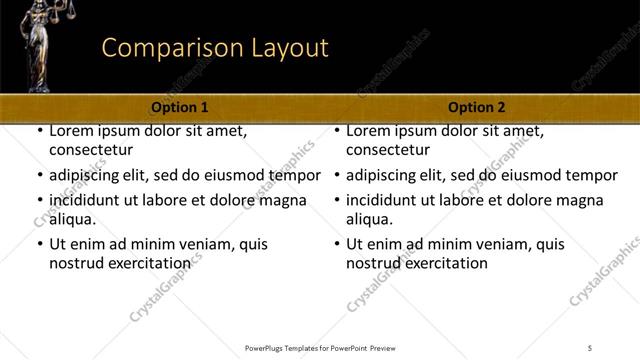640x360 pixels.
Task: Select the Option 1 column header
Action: pyautogui.click(x=180, y=107)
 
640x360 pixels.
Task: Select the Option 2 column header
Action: pyautogui.click(x=477, y=107)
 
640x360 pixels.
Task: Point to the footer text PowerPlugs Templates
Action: pyautogui.click(x=290, y=347)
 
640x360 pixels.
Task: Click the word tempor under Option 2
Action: pyautogui.click(x=593, y=175)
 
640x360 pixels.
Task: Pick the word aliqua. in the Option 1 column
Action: pyautogui.click(x=73, y=219)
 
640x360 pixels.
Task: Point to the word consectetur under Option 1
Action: pyautogui.click(x=91, y=151)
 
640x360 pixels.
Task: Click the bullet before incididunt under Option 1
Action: pyautogui.click(x=39, y=199)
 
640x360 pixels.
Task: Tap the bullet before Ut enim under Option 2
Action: pyautogui.click(x=336, y=244)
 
